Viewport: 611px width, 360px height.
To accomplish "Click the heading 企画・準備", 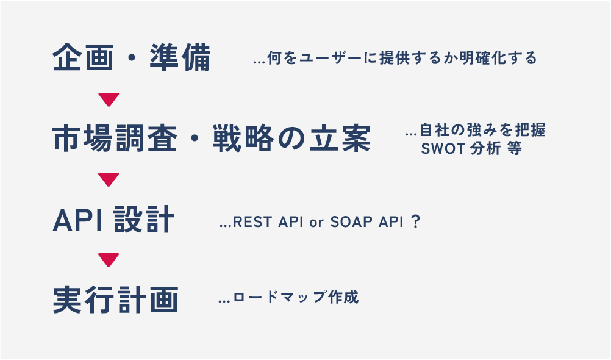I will (131, 59).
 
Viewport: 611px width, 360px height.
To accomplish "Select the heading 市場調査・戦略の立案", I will (211, 140).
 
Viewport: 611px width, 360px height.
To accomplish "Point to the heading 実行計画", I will (115, 300).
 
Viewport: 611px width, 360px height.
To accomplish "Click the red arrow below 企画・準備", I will (108, 99).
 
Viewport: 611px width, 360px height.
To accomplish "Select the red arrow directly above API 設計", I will (108, 179).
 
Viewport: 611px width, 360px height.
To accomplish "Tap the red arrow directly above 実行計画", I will (108, 260).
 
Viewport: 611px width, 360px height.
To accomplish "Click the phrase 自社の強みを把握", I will (482, 131).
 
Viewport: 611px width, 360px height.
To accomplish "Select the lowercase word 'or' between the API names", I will (315, 222).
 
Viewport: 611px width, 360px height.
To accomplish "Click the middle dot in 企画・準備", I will (132, 59).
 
